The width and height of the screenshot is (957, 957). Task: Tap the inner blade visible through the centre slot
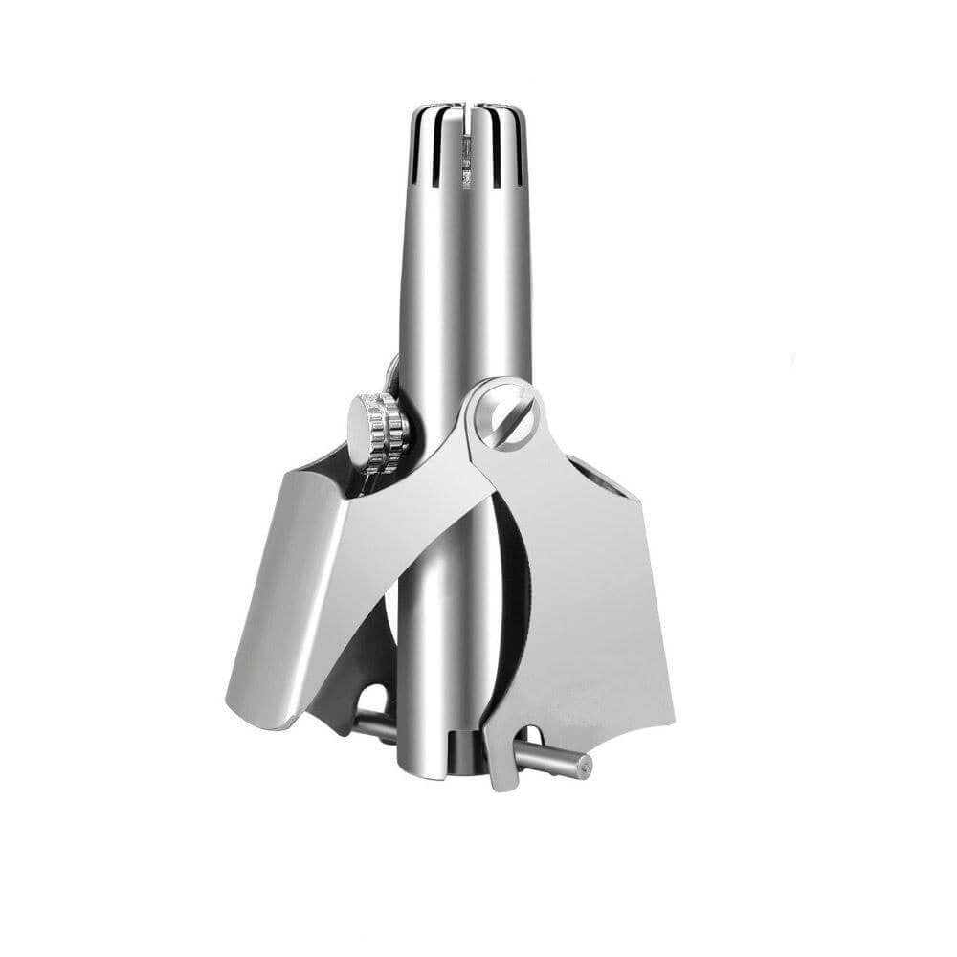pyautogui.click(x=466, y=158)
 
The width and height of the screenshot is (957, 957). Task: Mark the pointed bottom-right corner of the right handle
pyautogui.click(x=673, y=718)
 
